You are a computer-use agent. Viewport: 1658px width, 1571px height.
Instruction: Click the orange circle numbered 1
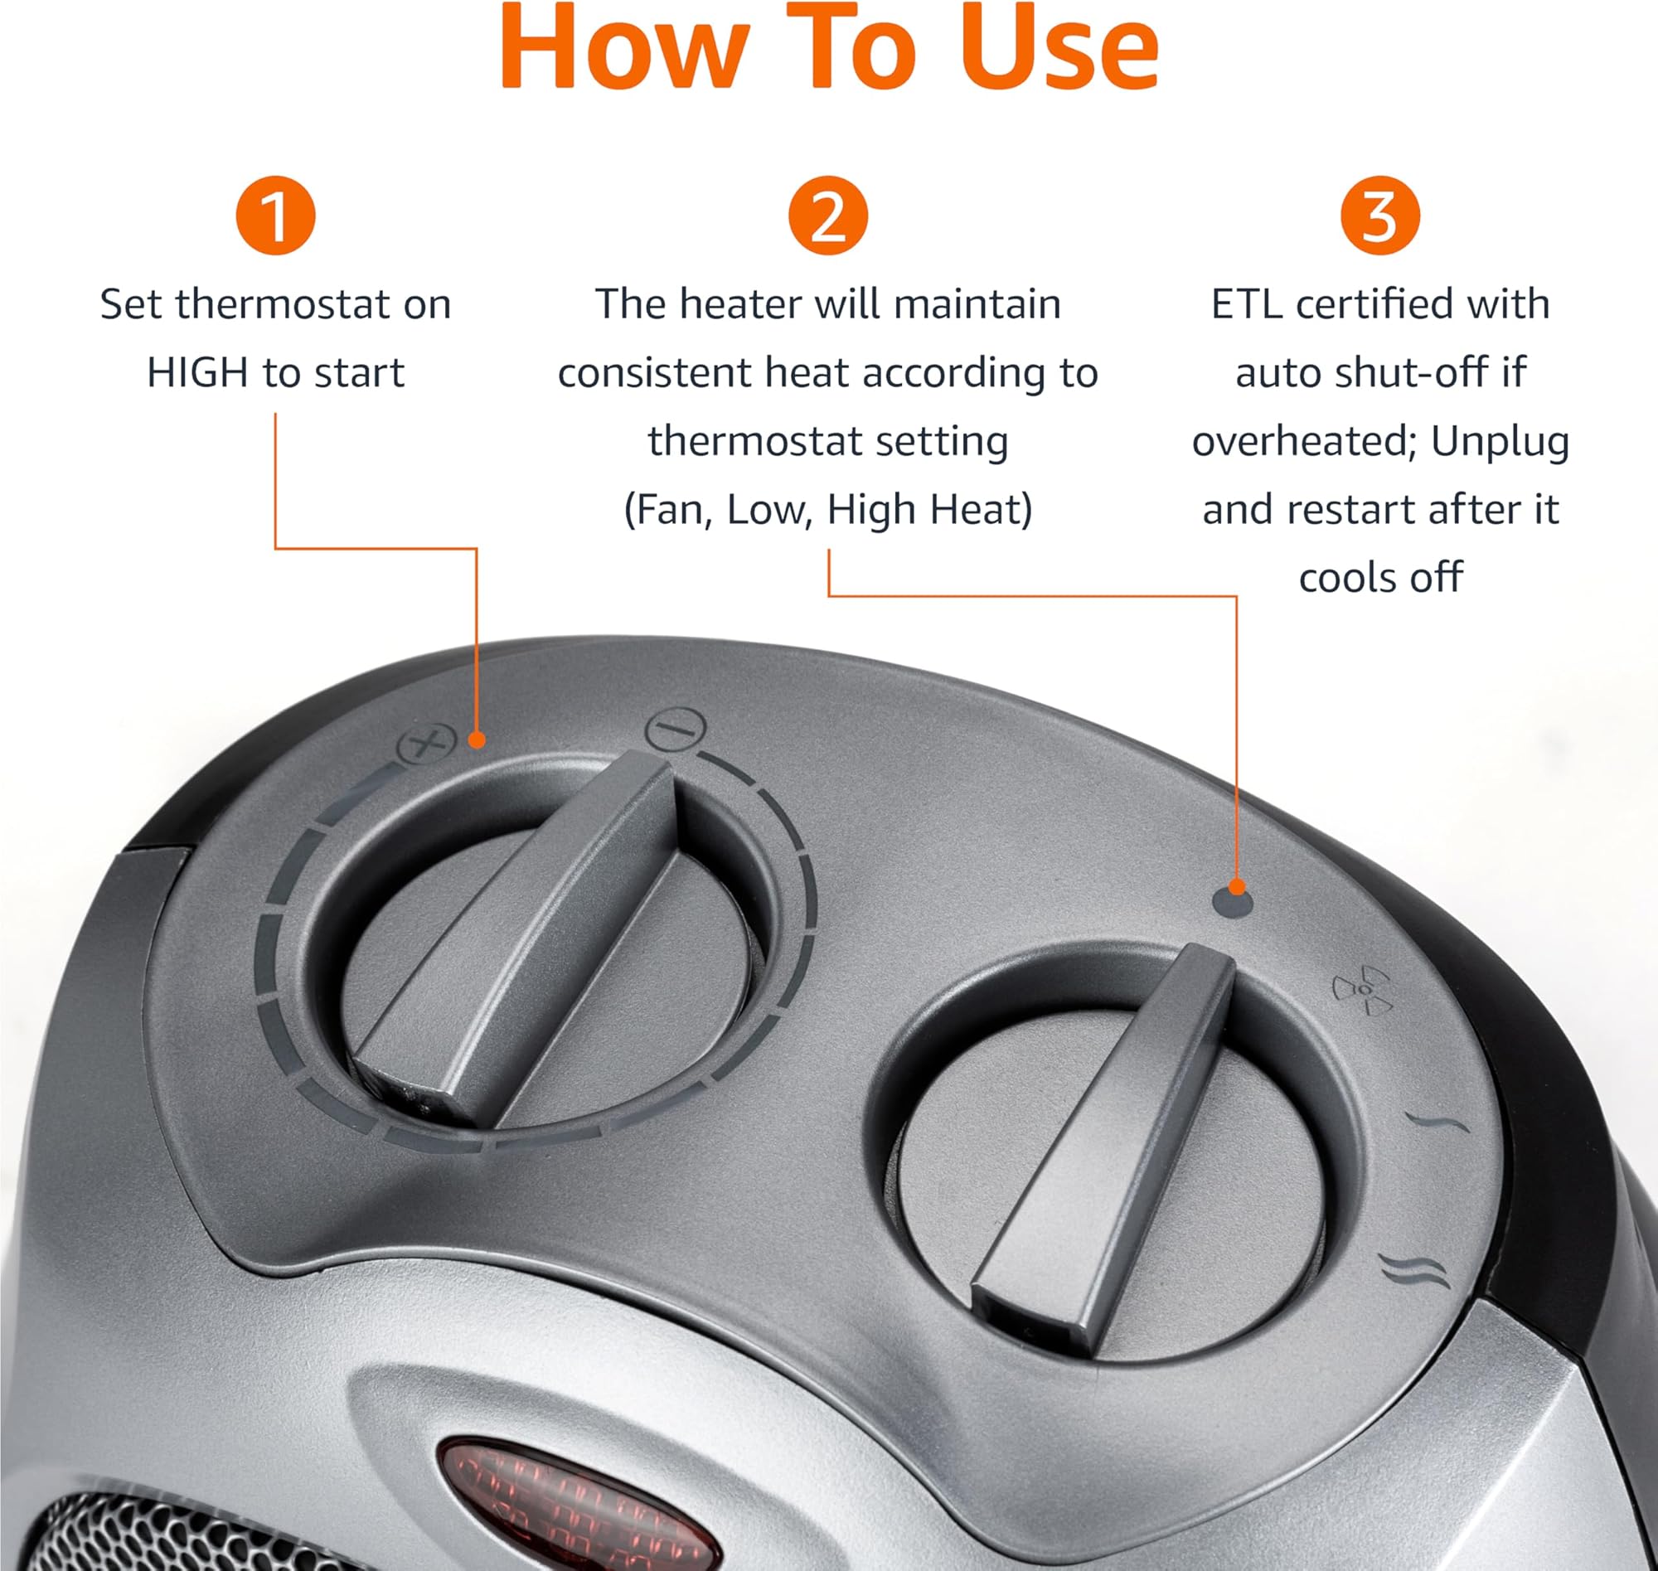pos(275,216)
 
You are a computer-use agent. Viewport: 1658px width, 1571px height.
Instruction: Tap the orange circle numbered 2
pos(828,216)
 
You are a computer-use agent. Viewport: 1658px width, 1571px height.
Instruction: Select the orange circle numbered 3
pos(1380,216)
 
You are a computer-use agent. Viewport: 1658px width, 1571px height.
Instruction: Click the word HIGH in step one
pos(197,373)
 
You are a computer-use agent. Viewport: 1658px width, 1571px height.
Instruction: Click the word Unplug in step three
pos(1500,442)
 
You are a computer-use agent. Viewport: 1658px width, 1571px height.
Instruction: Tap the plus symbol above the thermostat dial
pos(425,743)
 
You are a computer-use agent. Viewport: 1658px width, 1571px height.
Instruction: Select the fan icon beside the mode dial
pos(1362,990)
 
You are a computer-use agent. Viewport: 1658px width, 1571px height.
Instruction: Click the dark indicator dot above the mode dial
pos(1233,904)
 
